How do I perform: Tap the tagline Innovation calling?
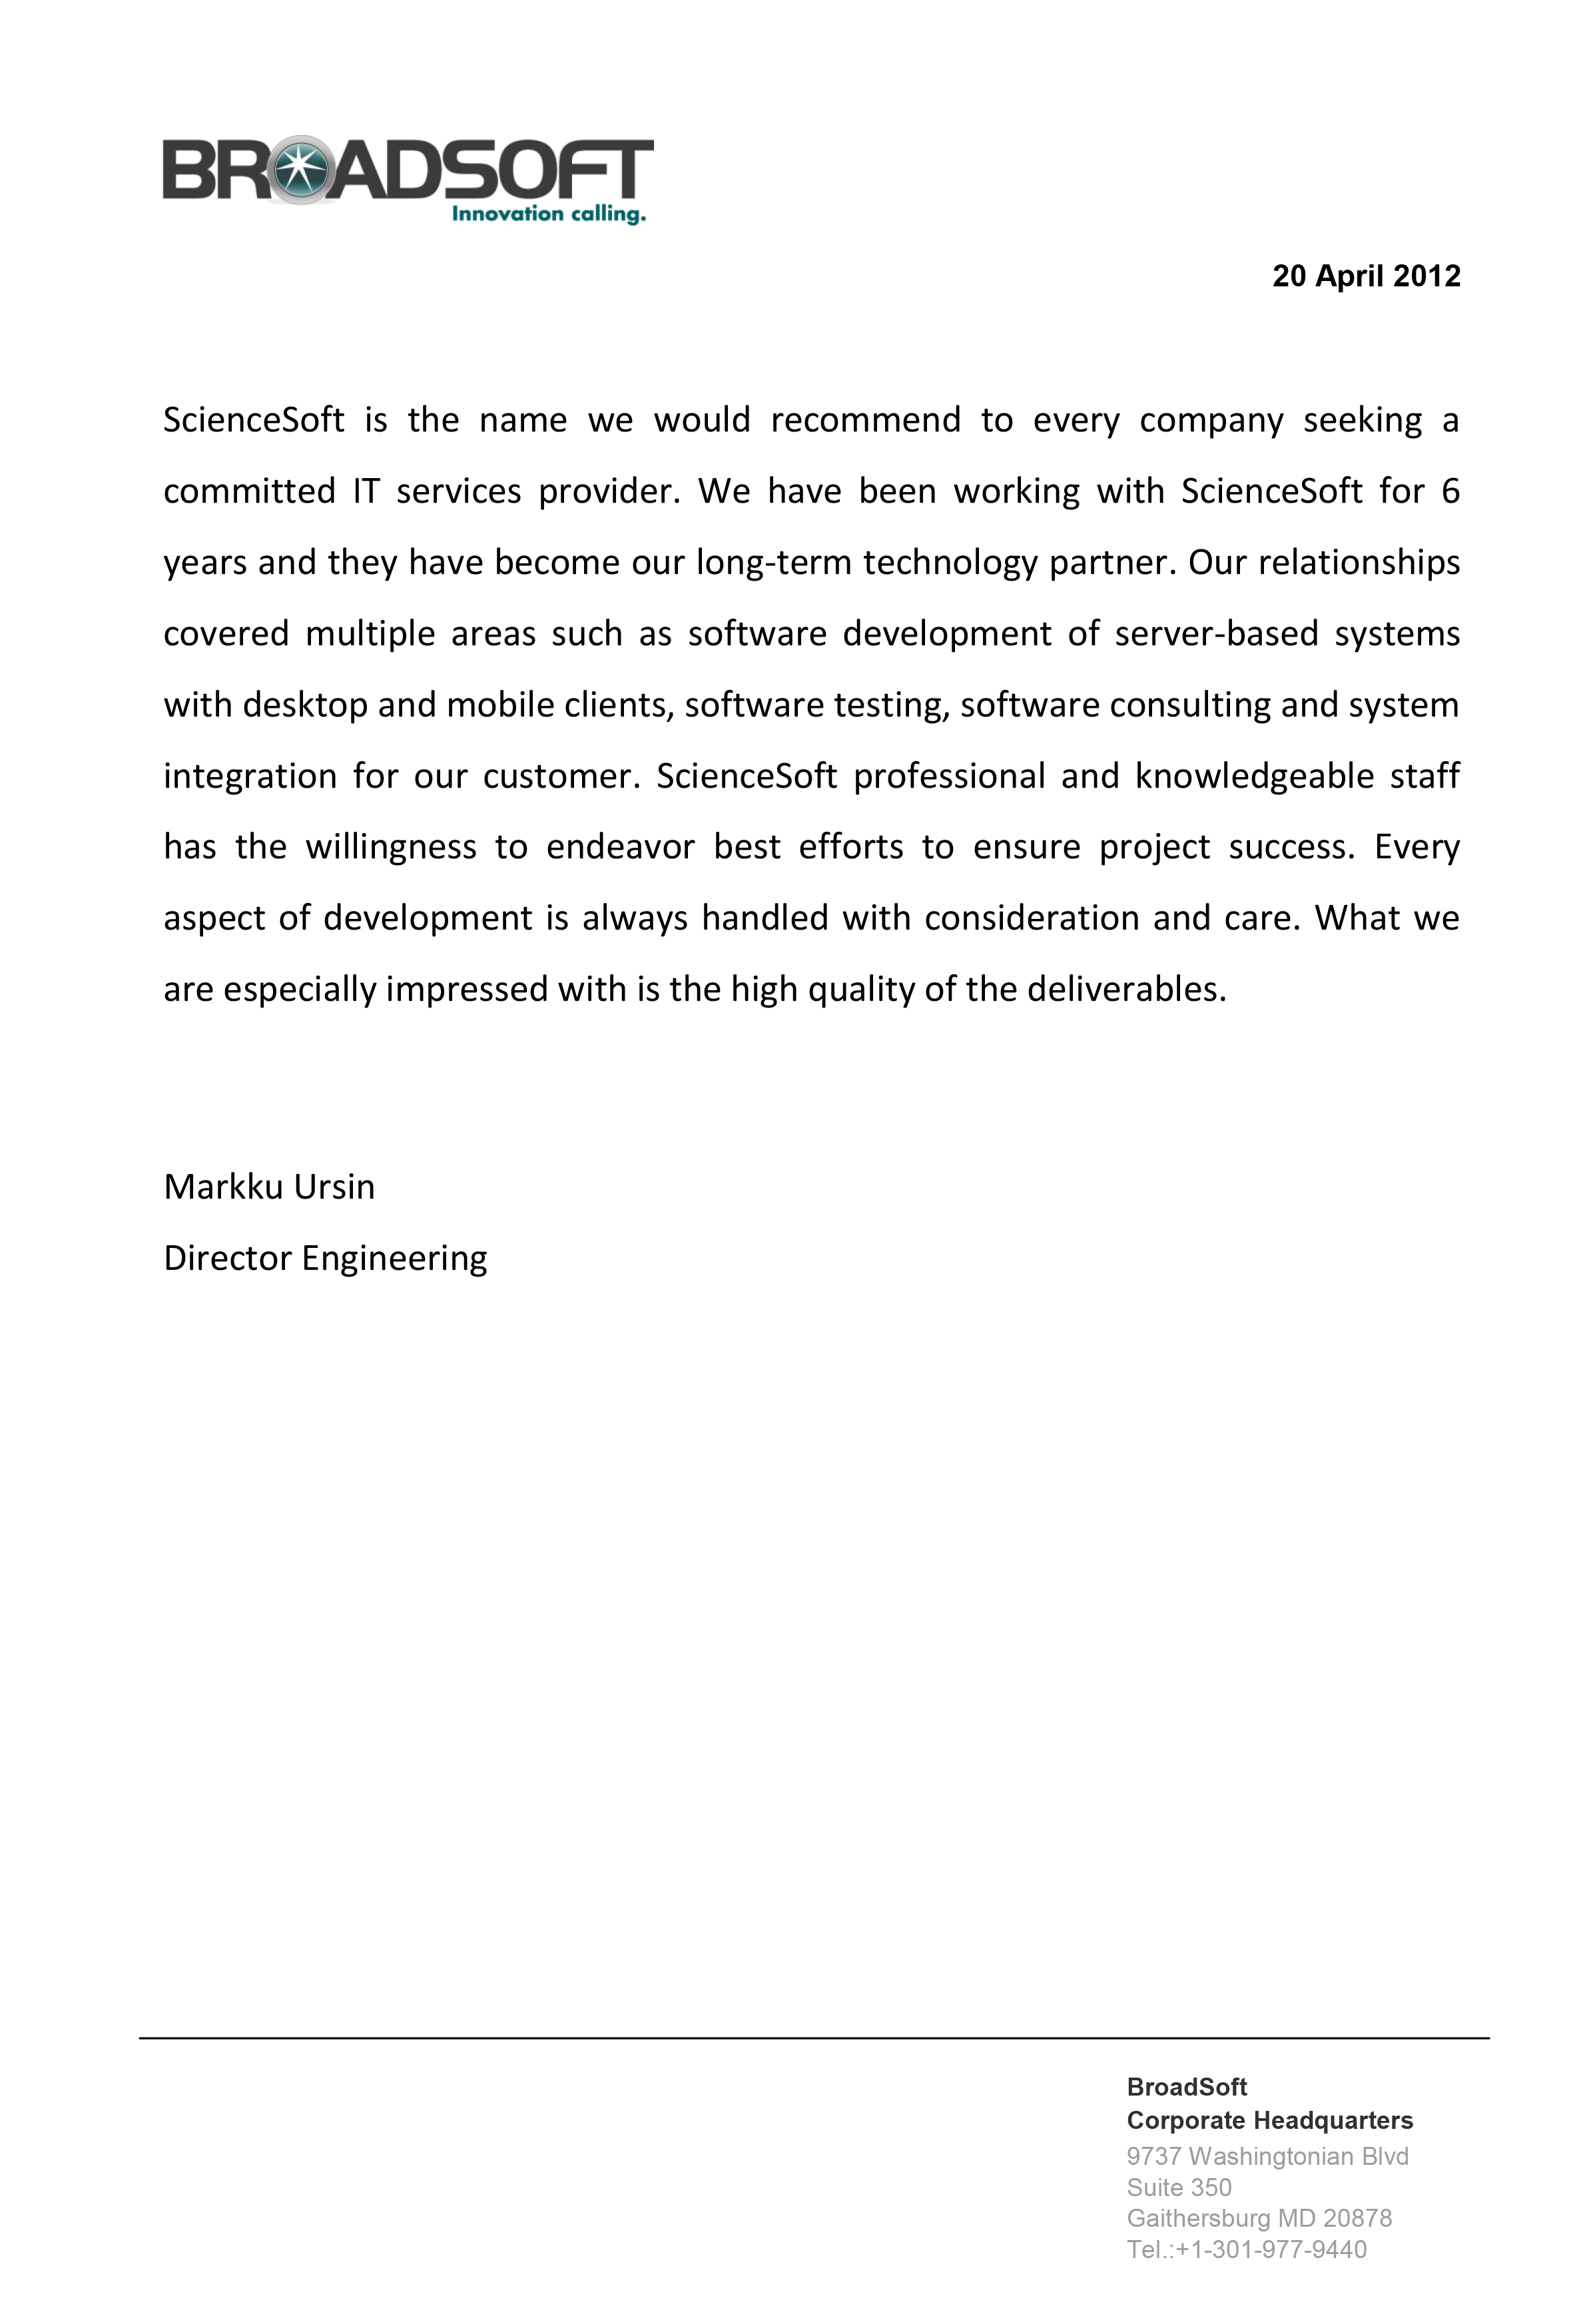tap(549, 214)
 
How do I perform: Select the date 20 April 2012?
tap(1366, 276)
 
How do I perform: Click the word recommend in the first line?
tap(865, 420)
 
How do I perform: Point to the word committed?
tap(249, 492)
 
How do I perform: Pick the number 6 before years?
tap(1450, 492)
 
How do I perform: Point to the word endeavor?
tap(619, 847)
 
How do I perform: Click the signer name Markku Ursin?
tap(269, 1187)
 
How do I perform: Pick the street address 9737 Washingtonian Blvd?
tap(1267, 2157)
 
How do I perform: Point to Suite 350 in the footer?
tap(1179, 2187)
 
